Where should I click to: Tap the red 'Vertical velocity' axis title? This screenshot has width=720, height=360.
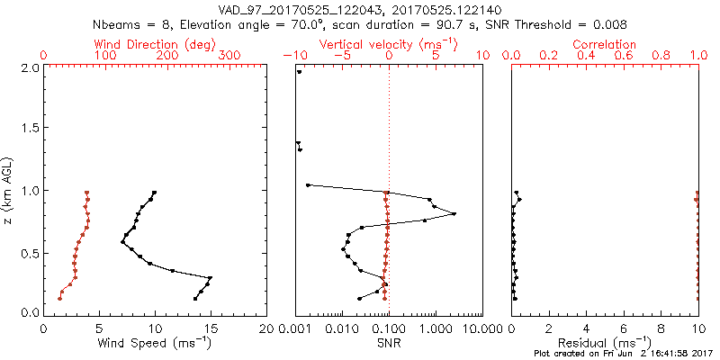click(x=389, y=44)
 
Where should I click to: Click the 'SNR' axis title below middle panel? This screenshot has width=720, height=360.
click(x=389, y=343)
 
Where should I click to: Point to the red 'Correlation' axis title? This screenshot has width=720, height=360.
click(x=605, y=44)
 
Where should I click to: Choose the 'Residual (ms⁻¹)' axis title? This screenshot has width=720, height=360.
click(x=605, y=343)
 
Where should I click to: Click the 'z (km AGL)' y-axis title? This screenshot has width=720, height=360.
click(x=9, y=189)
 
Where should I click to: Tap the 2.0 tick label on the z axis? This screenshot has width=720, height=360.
click(x=31, y=67)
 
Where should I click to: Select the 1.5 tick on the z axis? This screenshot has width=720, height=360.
click(x=31, y=129)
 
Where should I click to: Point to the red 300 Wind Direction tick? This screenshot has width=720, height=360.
click(x=229, y=55)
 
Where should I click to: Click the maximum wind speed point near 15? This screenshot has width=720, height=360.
click(x=211, y=278)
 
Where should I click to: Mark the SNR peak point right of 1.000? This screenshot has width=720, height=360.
click(x=454, y=213)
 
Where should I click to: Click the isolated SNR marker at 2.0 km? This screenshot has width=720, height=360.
click(x=300, y=72)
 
